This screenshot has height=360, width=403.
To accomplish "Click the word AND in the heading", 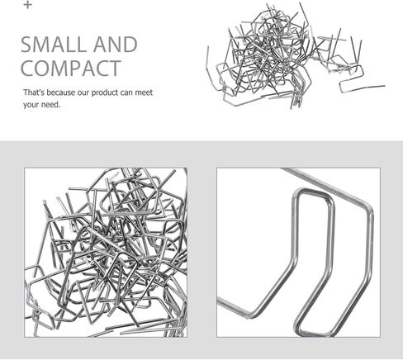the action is (116, 45).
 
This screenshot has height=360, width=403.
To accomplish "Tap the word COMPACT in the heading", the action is (71, 69).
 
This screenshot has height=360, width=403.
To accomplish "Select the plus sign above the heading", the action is (27, 5).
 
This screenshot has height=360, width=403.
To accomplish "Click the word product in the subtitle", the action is (104, 92).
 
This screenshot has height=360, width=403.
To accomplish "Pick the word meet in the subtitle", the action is (144, 92).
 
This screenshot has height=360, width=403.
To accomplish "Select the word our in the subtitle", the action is (83, 93).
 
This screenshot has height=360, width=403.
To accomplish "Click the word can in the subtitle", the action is (126, 93).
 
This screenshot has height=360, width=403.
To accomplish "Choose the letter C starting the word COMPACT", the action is (27, 69).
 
